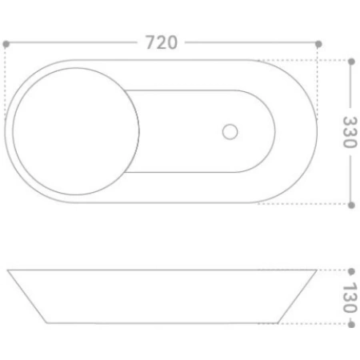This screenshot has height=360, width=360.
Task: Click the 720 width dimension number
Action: [162, 42]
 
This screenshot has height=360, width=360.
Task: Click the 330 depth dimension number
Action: [350, 132]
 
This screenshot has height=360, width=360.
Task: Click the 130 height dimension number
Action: [350, 298]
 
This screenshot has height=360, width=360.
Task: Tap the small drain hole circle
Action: [230, 132]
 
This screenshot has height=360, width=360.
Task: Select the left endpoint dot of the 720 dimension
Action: [6, 44]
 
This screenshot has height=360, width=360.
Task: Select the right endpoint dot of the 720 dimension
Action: [318, 44]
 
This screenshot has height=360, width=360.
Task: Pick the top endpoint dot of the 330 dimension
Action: [351, 62]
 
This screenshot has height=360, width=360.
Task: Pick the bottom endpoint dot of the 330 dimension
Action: [351, 205]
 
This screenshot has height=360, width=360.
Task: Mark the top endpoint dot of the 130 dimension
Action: [351, 271]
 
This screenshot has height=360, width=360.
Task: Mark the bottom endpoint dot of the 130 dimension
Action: [351, 325]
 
